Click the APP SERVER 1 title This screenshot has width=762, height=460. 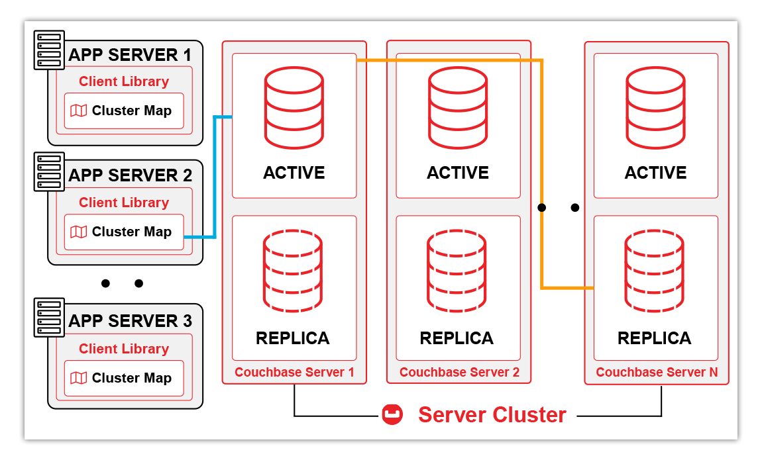tap(130, 54)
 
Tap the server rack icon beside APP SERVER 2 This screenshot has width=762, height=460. tap(49, 172)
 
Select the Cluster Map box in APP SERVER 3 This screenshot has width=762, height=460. tap(124, 378)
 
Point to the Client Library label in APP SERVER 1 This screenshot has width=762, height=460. tap(124, 81)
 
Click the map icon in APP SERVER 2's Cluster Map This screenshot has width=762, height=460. tap(79, 232)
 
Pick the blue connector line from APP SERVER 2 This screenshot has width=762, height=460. tap(215, 179)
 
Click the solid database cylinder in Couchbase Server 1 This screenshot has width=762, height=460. tap(294, 107)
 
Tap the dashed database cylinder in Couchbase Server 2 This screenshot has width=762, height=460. tap(457, 271)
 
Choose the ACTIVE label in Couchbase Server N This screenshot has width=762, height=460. tap(655, 173)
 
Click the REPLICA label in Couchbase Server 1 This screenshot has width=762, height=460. tap(293, 338)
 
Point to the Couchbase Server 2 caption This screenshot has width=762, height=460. tap(459, 373)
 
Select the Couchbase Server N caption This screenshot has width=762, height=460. tap(657, 373)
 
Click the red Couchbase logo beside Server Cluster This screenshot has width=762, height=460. tap(392, 415)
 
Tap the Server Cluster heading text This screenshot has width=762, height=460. tap(492, 415)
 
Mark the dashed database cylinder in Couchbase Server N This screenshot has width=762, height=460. tap(655, 271)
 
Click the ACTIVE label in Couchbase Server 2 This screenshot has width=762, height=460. tap(458, 173)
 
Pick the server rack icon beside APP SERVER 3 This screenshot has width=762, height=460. tap(49, 318)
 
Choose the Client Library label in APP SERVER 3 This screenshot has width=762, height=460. tap(124, 349)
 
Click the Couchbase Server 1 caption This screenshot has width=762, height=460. tap(294, 373)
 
